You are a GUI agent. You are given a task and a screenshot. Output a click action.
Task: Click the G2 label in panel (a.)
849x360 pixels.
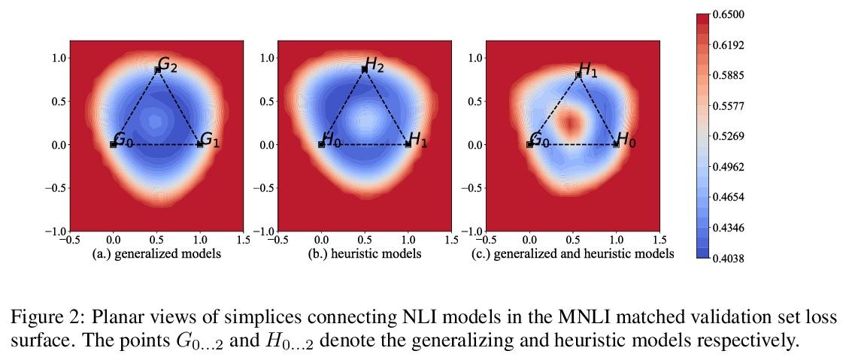click(x=168, y=65)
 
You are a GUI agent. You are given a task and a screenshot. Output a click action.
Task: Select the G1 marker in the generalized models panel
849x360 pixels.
click(x=200, y=144)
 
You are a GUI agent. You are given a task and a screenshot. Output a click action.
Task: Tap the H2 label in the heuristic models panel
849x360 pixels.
click(x=374, y=65)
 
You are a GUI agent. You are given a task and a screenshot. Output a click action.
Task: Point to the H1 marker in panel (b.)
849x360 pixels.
click(x=408, y=144)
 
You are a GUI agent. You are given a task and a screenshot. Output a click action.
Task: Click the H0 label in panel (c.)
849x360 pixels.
click(x=626, y=140)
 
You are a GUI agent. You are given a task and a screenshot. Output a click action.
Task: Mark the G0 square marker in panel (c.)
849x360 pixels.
click(x=530, y=144)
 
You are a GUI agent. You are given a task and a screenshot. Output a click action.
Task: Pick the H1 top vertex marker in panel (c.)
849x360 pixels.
click(x=578, y=75)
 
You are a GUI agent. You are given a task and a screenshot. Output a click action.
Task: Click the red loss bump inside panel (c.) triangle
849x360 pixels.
click(x=571, y=120)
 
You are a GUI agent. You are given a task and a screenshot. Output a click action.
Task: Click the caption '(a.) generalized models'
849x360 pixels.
click(x=156, y=254)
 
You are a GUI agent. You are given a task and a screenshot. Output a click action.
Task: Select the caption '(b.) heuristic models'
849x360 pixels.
click(x=365, y=254)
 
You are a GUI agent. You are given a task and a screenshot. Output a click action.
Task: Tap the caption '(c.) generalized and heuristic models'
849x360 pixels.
click(x=572, y=254)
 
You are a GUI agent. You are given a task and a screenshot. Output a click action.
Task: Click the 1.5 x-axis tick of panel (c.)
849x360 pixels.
click(x=659, y=240)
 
